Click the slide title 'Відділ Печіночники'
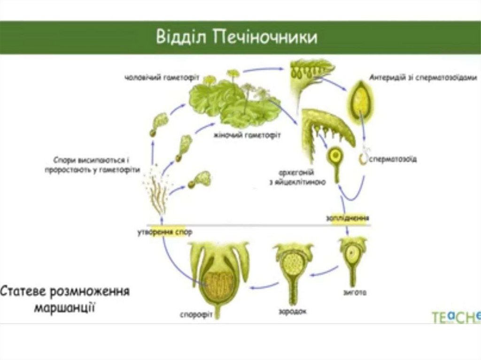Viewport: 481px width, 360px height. [236, 37]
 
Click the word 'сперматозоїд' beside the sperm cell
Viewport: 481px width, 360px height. [395, 159]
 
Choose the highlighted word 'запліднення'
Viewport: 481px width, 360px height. [348, 218]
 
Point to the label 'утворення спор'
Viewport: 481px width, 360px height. [164, 232]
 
